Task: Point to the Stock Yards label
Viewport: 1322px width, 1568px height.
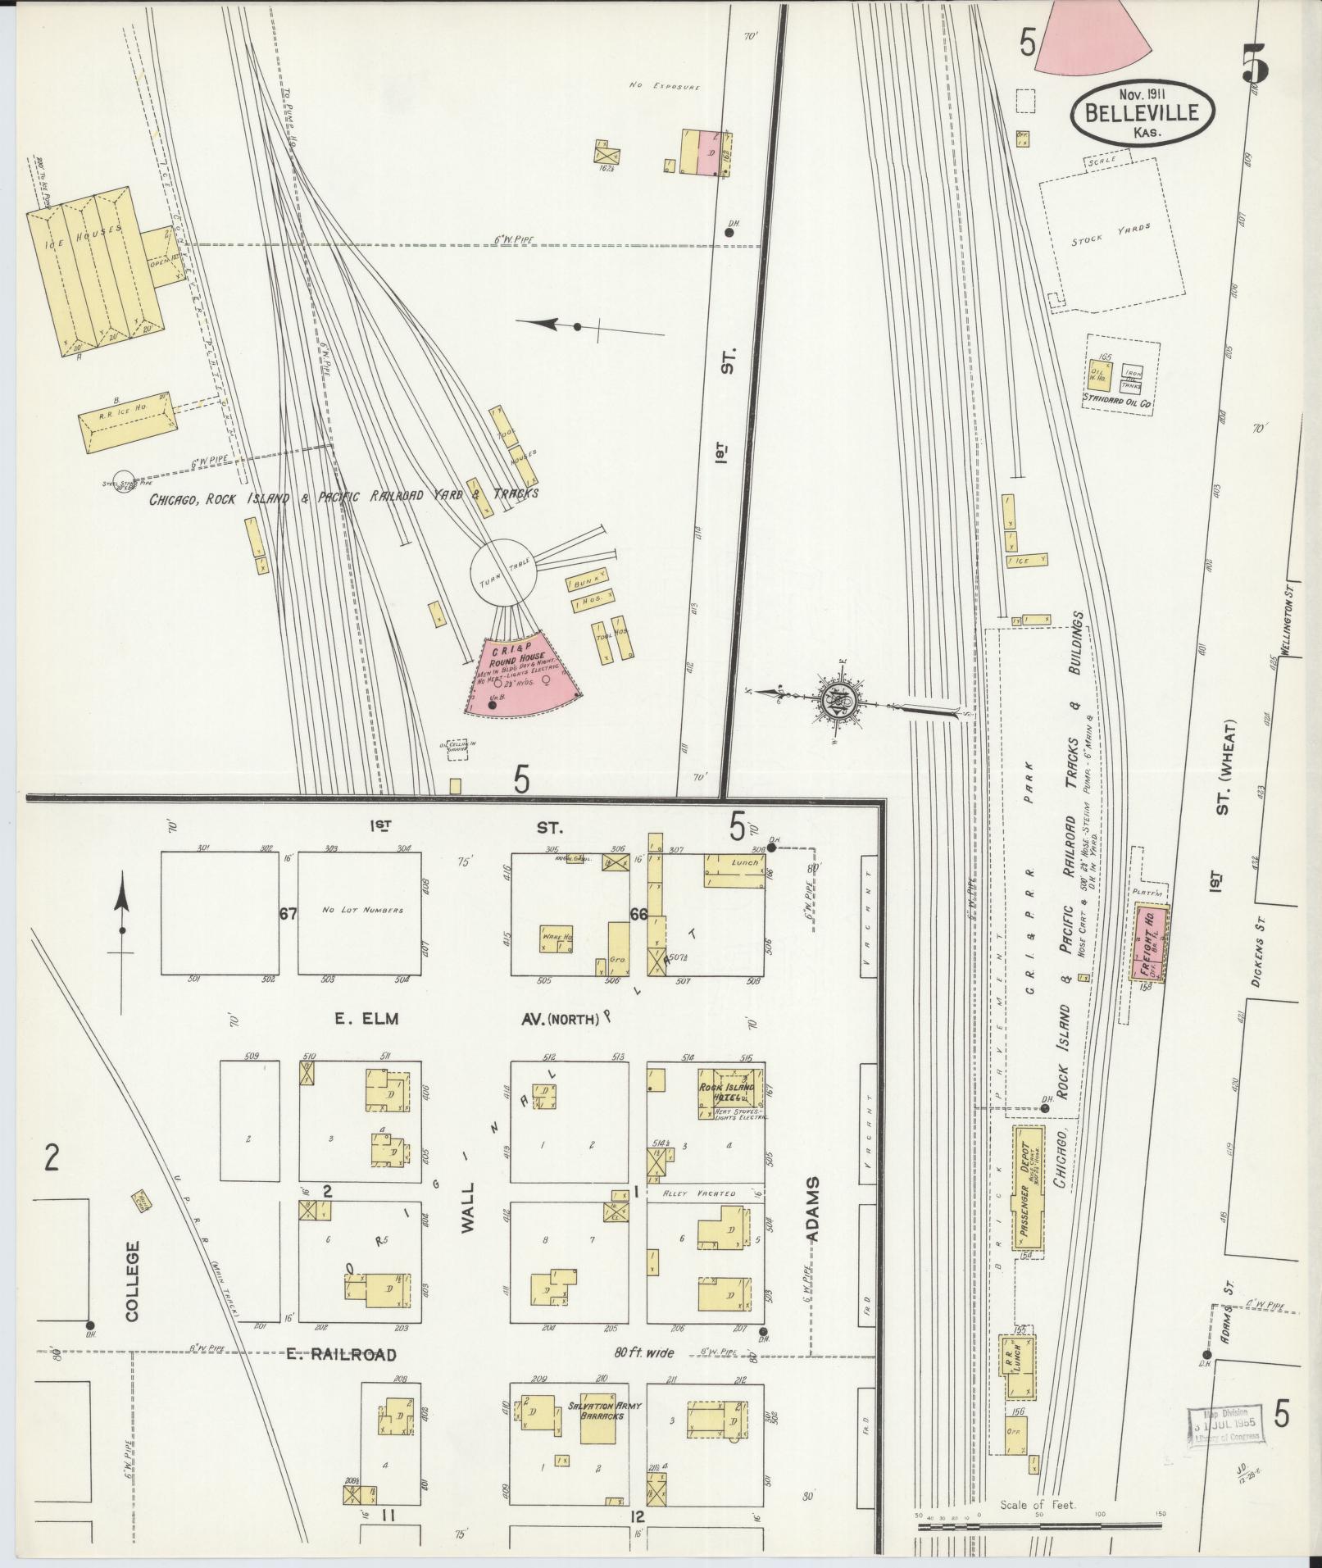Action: click(1111, 235)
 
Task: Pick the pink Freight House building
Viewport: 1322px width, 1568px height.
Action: click(1151, 943)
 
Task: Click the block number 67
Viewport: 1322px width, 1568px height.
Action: click(287, 914)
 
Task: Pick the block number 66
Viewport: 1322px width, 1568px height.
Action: click(638, 914)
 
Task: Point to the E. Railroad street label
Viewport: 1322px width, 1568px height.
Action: click(342, 1355)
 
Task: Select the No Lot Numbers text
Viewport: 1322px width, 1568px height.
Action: click(362, 911)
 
